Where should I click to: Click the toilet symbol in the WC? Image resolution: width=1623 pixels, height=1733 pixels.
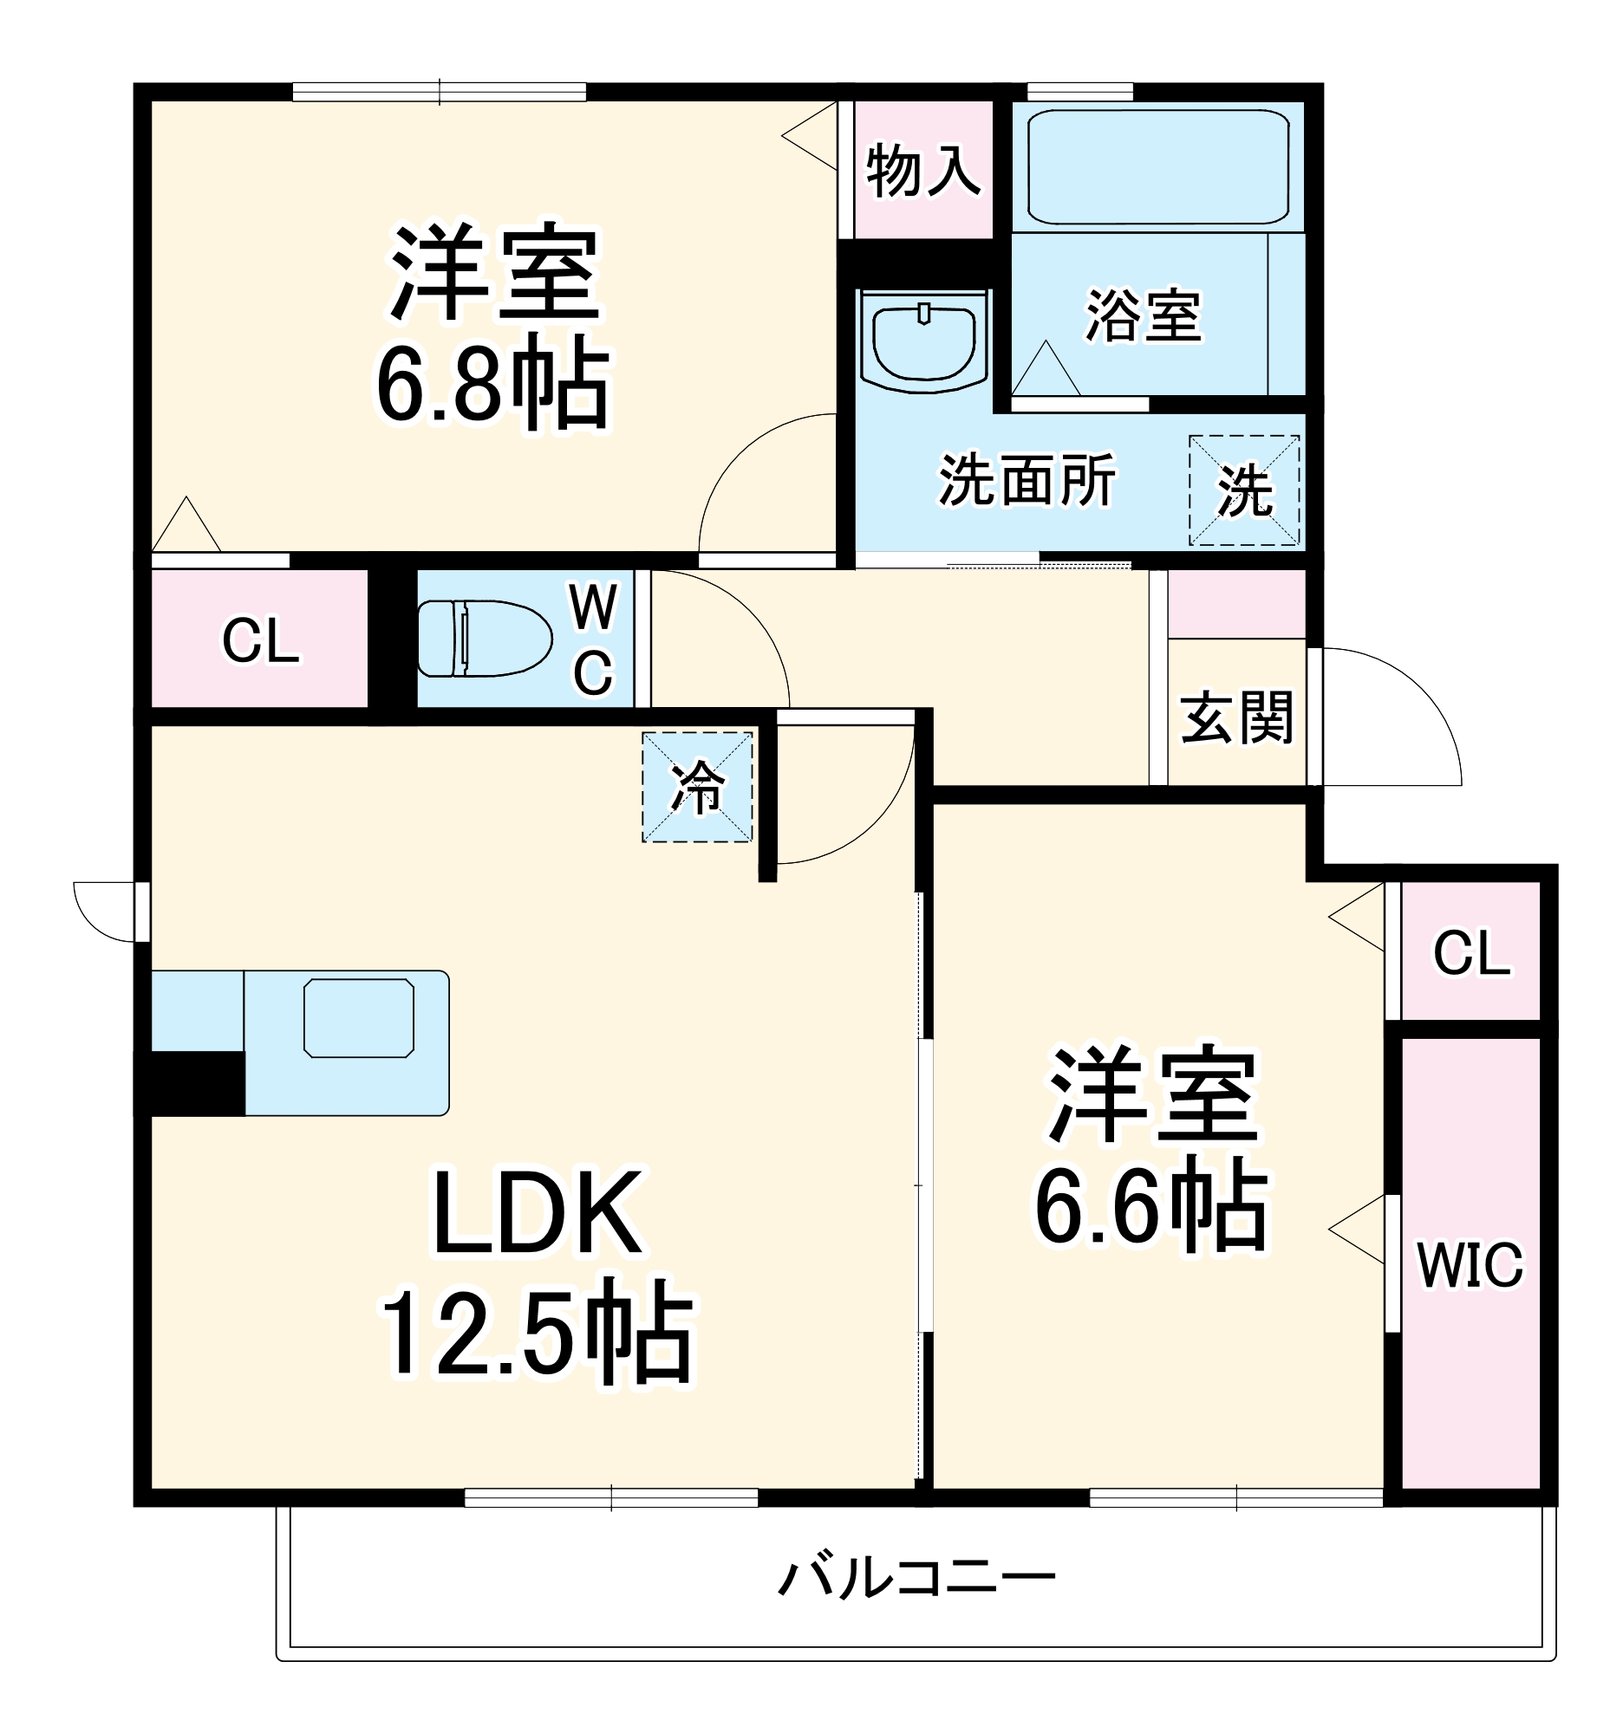[x=484, y=638]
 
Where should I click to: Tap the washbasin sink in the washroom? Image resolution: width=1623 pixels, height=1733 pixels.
[x=923, y=341]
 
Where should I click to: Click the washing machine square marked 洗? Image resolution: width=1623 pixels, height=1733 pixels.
[x=1243, y=490]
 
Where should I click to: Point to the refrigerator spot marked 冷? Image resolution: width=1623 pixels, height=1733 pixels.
[x=697, y=787]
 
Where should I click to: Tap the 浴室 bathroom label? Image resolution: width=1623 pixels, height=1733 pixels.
[x=1144, y=315]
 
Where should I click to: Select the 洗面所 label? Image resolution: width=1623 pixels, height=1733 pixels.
[x=1027, y=480]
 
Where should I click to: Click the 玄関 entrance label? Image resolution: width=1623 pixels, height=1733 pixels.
[x=1236, y=717]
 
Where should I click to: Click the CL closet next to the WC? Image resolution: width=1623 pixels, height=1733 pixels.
[x=260, y=640]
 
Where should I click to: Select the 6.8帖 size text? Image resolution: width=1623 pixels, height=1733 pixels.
[x=492, y=386]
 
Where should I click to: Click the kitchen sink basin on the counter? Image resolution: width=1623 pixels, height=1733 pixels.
[x=358, y=1018]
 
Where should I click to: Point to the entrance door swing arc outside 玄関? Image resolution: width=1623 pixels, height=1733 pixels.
[x=1395, y=715]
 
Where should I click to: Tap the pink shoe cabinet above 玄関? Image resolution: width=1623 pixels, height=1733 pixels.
[x=1235, y=603]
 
